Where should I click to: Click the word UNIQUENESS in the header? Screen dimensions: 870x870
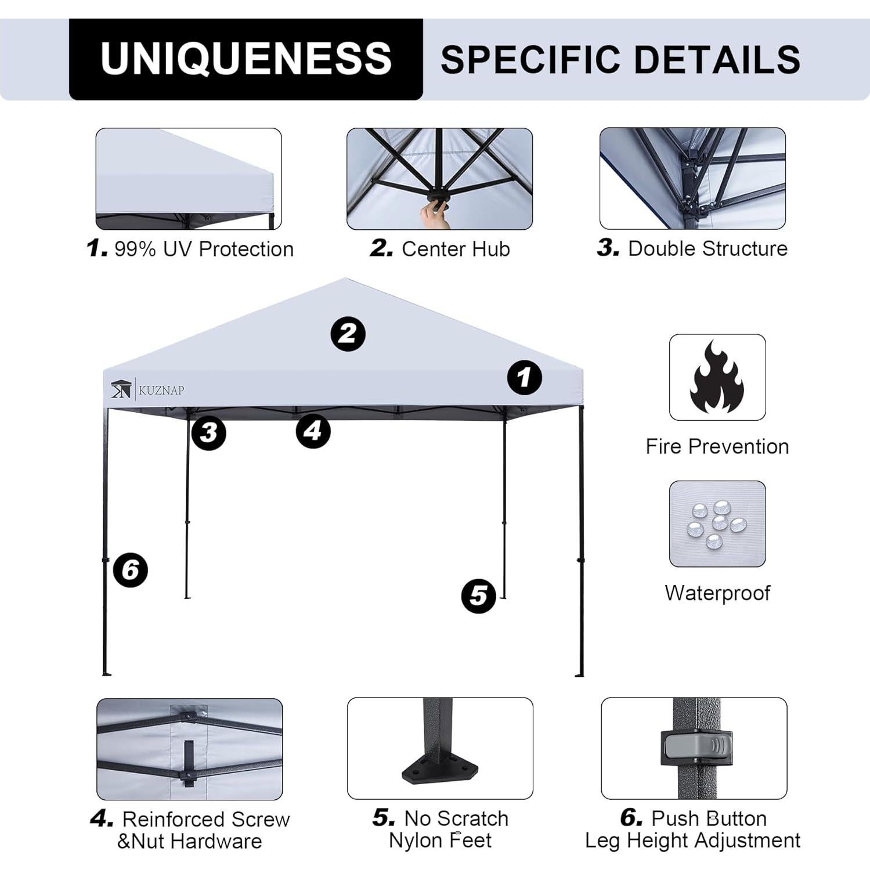[x=246, y=59]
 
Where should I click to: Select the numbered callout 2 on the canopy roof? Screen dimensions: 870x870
[x=348, y=334]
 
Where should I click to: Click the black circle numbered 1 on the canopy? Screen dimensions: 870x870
[x=524, y=378]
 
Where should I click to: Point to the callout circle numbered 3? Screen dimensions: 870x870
[x=208, y=432]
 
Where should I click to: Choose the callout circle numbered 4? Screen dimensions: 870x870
[x=313, y=431]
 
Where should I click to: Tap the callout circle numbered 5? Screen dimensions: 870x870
[x=478, y=595]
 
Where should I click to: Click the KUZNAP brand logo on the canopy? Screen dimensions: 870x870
[x=147, y=389]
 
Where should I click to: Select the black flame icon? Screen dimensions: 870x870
[x=717, y=377]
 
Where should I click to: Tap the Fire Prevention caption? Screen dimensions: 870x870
[x=717, y=446]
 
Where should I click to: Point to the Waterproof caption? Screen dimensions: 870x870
[x=717, y=593]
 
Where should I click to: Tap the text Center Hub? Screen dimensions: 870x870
[x=456, y=249]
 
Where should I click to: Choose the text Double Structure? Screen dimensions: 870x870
[x=707, y=248]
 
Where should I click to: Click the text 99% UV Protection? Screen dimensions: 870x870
[x=204, y=249]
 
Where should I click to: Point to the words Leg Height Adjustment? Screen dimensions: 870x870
[x=692, y=840]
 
